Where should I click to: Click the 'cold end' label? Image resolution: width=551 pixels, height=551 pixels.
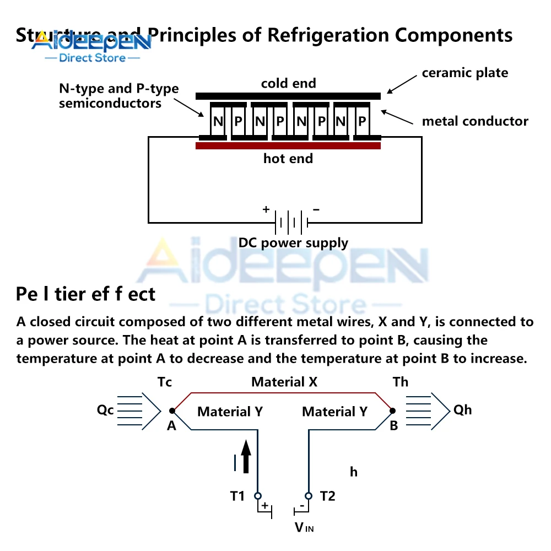point(288,83)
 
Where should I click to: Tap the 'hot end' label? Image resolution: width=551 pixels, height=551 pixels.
point(288,159)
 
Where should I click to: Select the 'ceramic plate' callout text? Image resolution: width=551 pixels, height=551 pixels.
point(465,73)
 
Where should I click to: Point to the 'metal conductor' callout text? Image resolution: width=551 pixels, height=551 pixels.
point(475,121)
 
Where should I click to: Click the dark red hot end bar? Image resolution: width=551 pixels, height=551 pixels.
point(288,146)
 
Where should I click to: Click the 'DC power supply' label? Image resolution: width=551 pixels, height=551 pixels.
point(293,243)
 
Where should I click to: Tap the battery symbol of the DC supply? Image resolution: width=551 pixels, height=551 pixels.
point(291,223)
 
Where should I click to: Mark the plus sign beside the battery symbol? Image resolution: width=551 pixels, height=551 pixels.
point(266,209)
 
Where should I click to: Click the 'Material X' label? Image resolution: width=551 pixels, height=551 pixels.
point(284,381)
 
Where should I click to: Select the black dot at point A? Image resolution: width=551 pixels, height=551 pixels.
point(172,411)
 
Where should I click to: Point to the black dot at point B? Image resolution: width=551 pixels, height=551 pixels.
point(392,411)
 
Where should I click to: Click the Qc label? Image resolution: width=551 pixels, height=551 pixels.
point(105,410)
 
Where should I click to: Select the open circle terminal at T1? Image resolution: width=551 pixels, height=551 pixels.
point(257,495)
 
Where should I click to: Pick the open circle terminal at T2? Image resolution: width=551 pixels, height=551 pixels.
point(308,495)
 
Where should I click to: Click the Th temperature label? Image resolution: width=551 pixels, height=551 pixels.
point(401,382)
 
